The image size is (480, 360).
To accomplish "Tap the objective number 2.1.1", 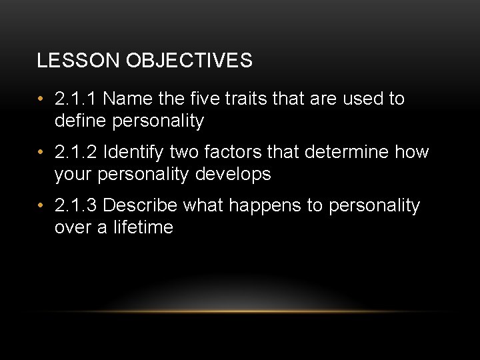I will [x=76, y=99].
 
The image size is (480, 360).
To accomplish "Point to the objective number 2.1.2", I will [x=76, y=153].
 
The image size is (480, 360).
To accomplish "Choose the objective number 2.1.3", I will [x=76, y=206].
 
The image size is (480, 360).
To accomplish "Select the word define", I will [x=81, y=121].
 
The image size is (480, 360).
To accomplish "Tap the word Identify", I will [x=135, y=153].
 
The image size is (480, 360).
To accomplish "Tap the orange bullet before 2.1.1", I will [x=41, y=100].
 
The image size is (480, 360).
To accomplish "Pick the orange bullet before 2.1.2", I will [x=41, y=153].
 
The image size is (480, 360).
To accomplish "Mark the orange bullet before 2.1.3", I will [x=41, y=207].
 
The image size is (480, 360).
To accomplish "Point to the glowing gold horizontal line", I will [x=240, y=311].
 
